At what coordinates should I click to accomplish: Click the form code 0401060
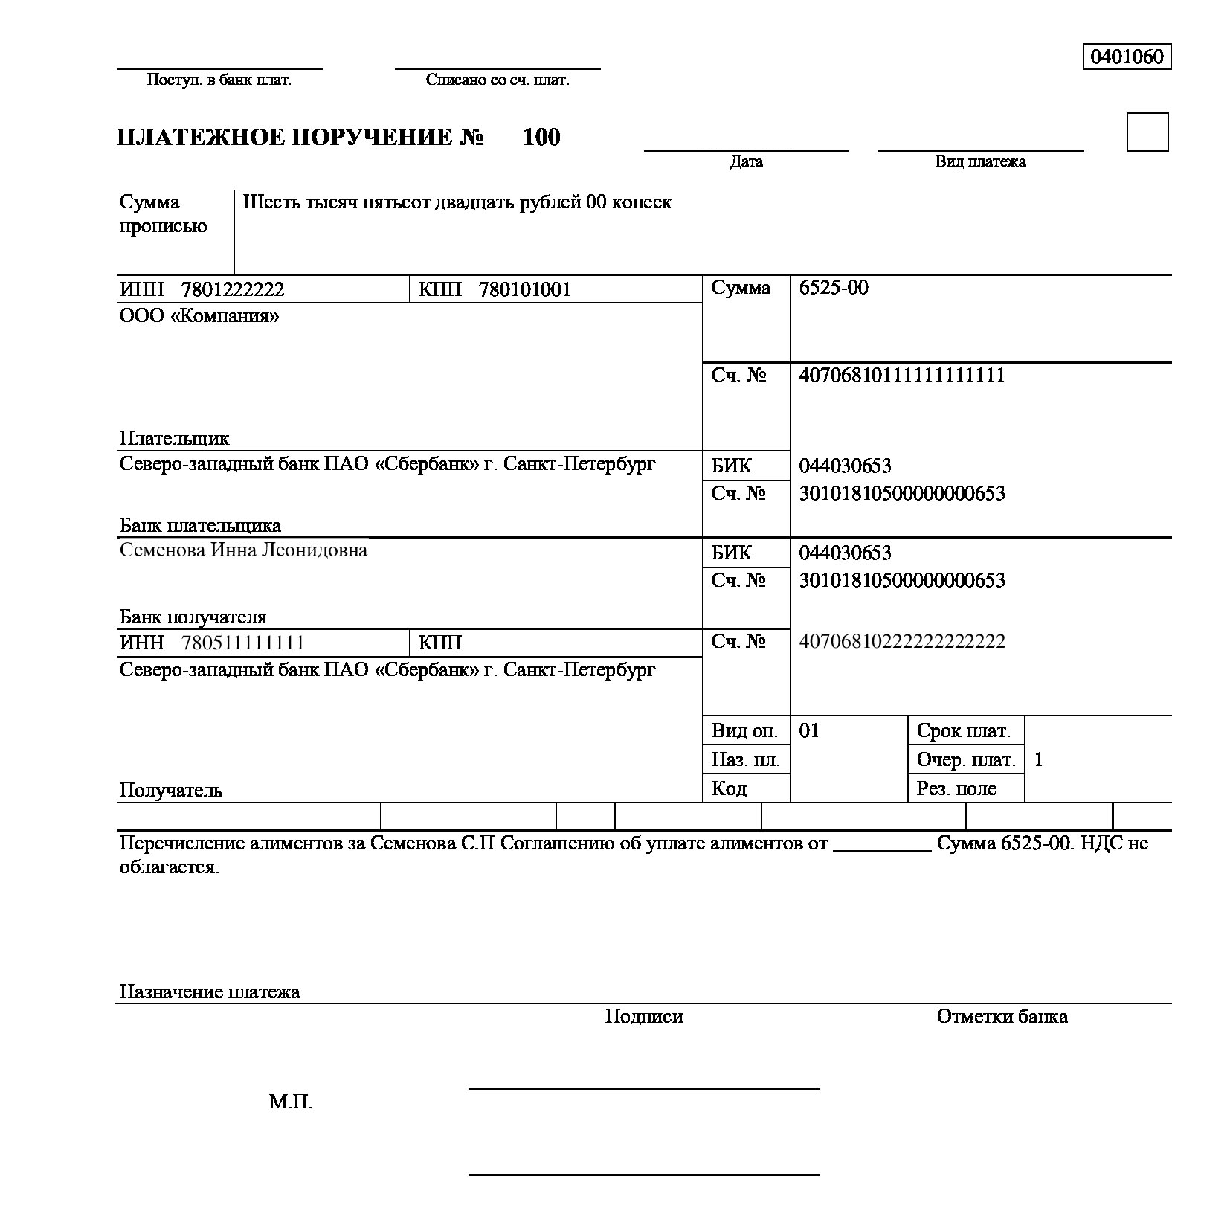coord(1126,57)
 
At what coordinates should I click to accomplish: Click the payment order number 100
coord(541,138)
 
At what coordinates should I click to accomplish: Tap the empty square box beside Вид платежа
coord(1147,132)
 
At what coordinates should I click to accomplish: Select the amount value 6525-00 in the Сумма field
coord(833,288)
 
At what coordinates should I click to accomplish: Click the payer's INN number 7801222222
coord(232,289)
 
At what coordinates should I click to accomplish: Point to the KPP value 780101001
coord(524,289)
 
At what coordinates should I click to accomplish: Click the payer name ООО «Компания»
coord(199,316)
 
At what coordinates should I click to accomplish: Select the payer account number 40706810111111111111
coord(901,375)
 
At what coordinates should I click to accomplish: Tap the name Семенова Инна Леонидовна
coord(243,550)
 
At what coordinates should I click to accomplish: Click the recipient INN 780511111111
coord(242,643)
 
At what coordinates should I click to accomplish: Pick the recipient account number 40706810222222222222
coord(901,641)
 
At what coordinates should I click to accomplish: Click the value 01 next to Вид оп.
coord(808,730)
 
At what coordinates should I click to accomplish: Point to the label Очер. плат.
coord(965,759)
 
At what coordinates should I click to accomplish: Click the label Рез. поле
coord(956,788)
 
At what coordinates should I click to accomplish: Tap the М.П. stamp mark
coord(290,1102)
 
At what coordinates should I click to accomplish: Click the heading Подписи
coord(643,1017)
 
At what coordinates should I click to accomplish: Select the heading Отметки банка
coord(1001,1017)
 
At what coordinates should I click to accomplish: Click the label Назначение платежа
coord(209,991)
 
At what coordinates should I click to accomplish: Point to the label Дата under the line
coord(746,161)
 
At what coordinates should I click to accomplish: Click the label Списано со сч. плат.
coord(497,80)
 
